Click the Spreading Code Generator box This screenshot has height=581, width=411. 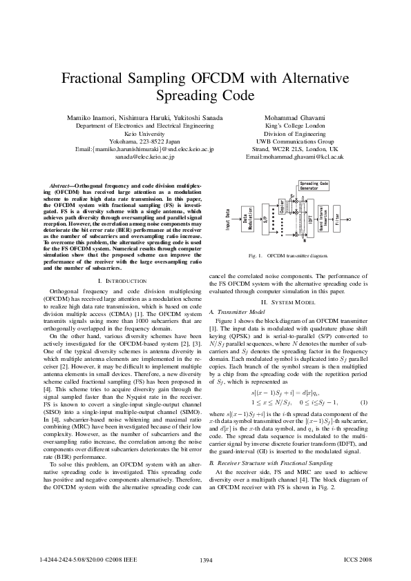tap(313, 186)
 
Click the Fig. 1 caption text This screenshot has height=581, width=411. tap(289, 255)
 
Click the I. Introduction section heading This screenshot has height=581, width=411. tap(122, 282)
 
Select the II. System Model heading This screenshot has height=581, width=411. tap(288, 302)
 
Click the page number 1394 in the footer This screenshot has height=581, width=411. tap(205, 560)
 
